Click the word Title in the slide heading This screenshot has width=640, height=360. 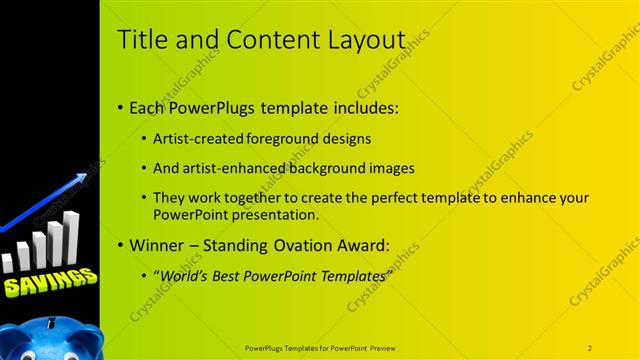point(140,40)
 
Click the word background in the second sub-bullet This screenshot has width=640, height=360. point(328,168)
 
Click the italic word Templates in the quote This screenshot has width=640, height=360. point(351,275)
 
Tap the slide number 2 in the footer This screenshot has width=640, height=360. point(590,347)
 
